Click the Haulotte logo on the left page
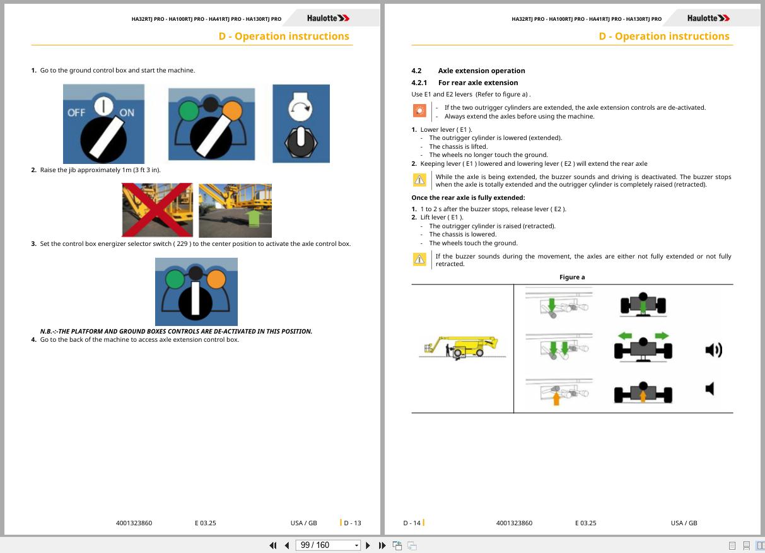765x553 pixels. coord(328,18)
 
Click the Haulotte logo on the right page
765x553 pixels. coord(708,18)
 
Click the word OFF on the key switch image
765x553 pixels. coord(76,113)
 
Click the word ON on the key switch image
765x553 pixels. coord(127,113)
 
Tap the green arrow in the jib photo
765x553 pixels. coord(254,218)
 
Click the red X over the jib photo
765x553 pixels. coord(158,210)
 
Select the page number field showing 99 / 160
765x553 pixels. coord(328,545)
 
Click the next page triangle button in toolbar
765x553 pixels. coord(368,545)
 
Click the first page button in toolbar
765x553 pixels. coord(273,545)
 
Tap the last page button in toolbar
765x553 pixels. coord(382,545)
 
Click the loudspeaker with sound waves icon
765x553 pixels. coord(714,350)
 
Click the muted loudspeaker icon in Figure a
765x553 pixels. coord(710,389)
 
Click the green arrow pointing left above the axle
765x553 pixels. coord(625,336)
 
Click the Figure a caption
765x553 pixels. coord(572,277)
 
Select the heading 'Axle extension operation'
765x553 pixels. coord(482,71)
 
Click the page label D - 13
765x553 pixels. coord(352,523)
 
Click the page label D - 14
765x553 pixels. coord(412,523)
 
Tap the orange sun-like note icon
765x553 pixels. coord(419,110)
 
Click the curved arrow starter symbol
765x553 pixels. coord(300,108)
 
